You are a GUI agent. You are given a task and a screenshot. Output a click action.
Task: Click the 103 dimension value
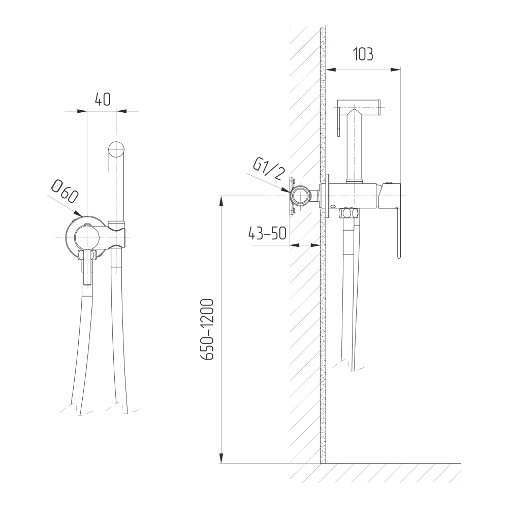363,54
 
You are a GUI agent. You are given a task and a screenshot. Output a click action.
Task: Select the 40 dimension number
103,99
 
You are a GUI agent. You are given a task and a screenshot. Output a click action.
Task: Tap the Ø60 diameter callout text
65,192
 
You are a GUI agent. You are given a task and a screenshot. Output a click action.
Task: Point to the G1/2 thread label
268,170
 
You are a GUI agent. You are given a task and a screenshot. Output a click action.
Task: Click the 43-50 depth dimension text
267,233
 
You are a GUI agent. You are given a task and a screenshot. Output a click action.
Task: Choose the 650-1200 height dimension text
207,330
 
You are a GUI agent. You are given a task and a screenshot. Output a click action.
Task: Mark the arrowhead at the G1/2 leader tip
286,191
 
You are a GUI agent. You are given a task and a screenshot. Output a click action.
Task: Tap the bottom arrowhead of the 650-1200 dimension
221,458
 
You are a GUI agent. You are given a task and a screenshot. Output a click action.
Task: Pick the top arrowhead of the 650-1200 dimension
221,201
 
